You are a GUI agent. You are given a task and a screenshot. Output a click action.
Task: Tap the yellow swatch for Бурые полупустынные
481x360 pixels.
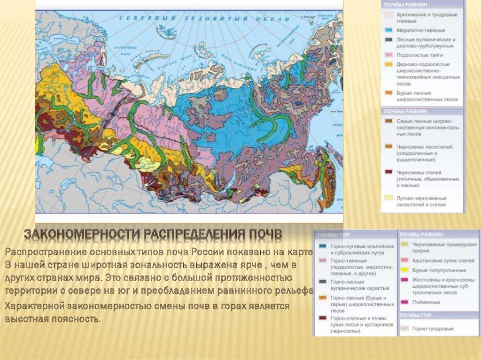point(404,270)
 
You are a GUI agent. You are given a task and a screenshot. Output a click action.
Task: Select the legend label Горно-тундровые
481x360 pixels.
point(433,329)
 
